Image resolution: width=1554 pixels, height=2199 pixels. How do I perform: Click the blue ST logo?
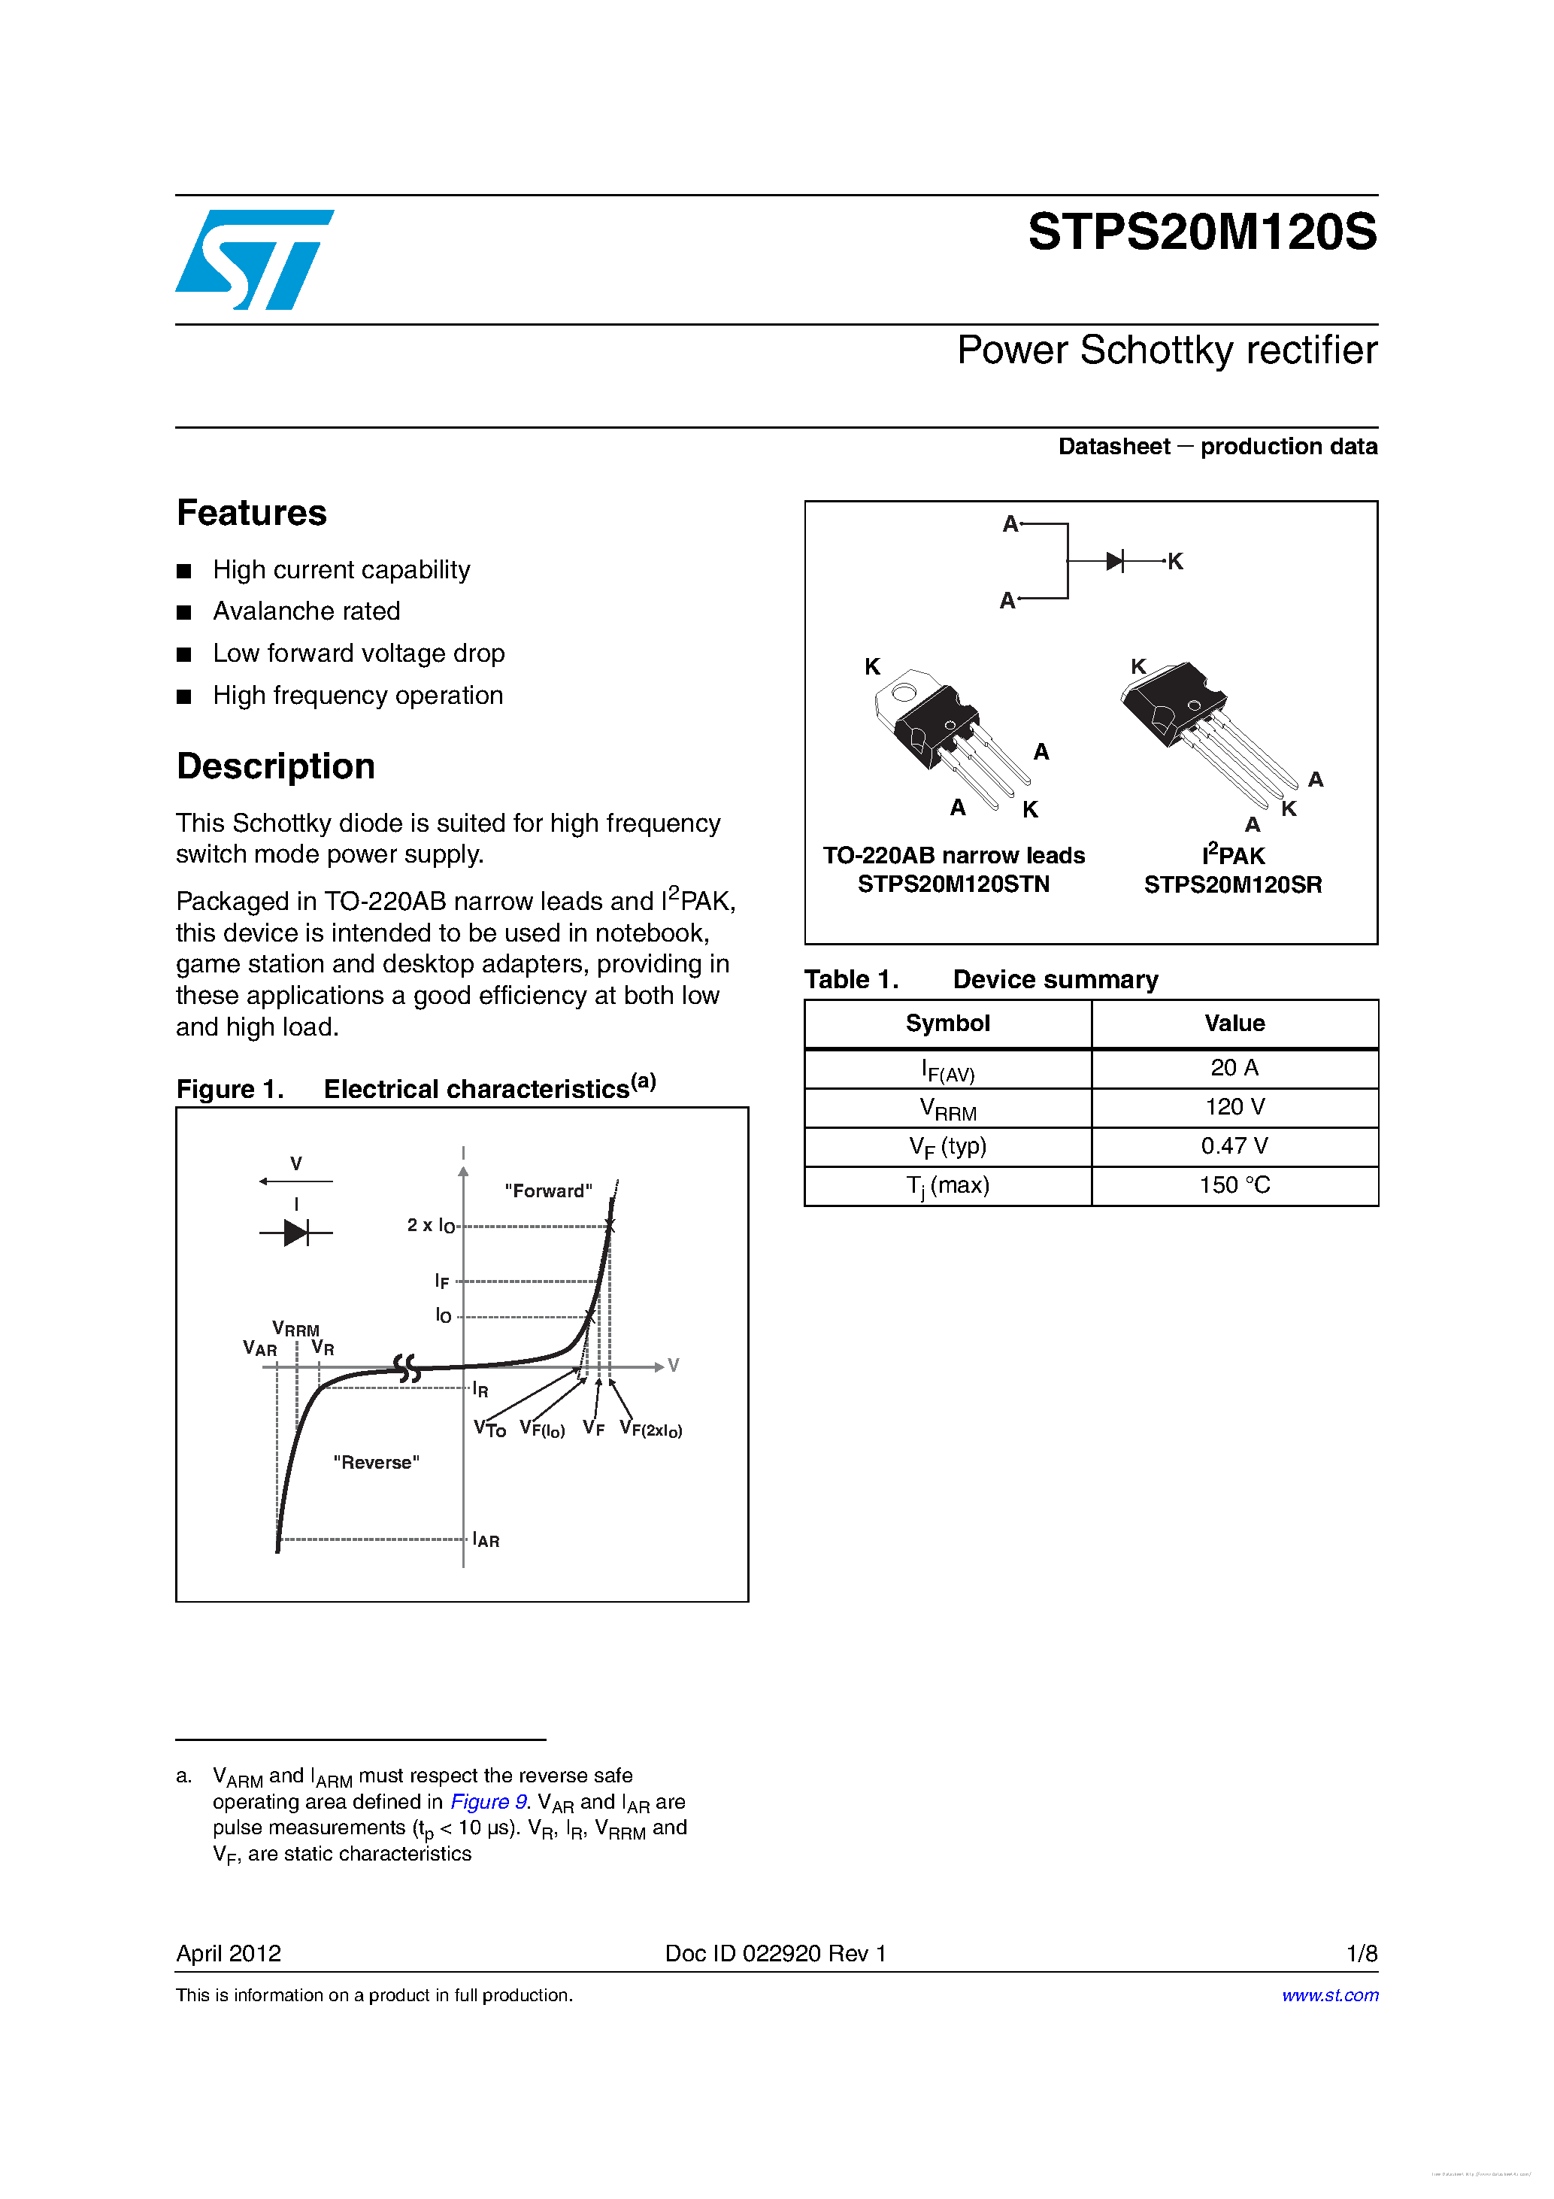(x=253, y=259)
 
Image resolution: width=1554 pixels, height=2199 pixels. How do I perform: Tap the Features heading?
(x=252, y=514)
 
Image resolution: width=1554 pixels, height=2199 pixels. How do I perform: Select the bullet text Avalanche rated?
(x=307, y=611)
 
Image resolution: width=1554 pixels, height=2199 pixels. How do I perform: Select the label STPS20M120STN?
(x=953, y=884)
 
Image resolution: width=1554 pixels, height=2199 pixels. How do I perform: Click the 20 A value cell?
(x=1234, y=1068)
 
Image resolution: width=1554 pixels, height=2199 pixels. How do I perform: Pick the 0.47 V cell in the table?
(x=1234, y=1146)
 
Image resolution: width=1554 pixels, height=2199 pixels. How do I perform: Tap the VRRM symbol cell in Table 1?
(x=948, y=1108)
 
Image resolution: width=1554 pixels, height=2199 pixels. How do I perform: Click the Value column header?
(x=1234, y=1024)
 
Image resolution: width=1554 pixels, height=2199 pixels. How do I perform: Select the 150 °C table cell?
(x=1234, y=1186)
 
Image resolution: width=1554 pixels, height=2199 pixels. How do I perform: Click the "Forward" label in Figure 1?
(x=549, y=1190)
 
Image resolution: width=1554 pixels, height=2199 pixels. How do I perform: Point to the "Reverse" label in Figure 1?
(x=377, y=1463)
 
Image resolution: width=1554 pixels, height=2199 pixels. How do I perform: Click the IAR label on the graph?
(x=486, y=1540)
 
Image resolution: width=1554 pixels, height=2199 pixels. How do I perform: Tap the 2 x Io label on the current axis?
(x=431, y=1226)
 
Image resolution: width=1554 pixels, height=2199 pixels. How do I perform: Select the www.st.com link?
(x=1330, y=1995)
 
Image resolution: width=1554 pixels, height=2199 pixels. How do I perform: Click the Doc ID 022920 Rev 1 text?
(x=776, y=1953)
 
